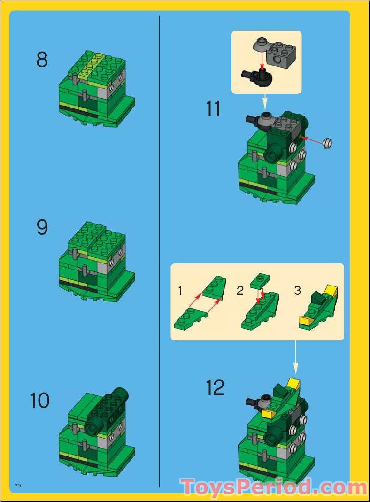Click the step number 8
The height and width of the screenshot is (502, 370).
[x=42, y=60]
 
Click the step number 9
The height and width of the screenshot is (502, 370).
[x=42, y=228]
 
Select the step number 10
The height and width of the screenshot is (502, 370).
[x=39, y=401]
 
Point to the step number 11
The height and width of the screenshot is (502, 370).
[x=213, y=109]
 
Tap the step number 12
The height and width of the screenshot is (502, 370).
[x=215, y=388]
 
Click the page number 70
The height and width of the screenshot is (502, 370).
[x=18, y=485]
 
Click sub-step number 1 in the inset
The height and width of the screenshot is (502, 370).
[x=180, y=291]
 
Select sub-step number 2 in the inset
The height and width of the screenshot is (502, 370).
[x=240, y=291]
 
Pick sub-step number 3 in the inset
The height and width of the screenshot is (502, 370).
[x=297, y=291]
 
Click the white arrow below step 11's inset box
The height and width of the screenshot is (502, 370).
[x=264, y=101]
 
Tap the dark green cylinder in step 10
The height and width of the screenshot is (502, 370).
[x=120, y=395]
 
